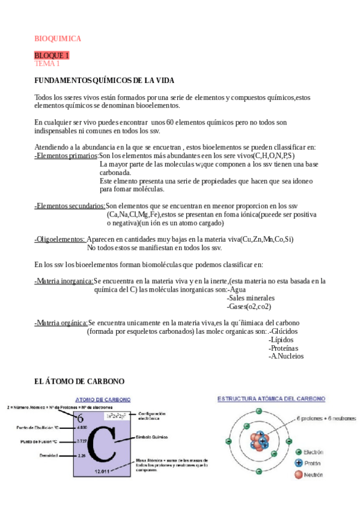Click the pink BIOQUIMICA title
(x=57, y=38)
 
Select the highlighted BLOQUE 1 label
(x=52, y=55)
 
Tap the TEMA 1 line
(x=47, y=63)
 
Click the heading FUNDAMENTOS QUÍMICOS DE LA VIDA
(x=105, y=81)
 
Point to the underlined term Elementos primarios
(x=66, y=156)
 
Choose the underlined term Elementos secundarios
(x=70, y=206)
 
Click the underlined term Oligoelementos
(x=59, y=239)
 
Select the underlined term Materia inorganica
(x=64, y=281)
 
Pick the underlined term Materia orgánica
(x=61, y=323)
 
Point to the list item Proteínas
(x=284, y=348)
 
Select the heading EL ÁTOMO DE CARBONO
(x=79, y=381)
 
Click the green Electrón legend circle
(x=299, y=452)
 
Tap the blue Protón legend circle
(x=299, y=463)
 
